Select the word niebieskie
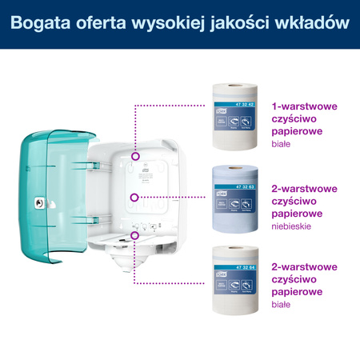294,229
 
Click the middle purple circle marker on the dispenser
134,195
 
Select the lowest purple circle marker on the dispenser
134,234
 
